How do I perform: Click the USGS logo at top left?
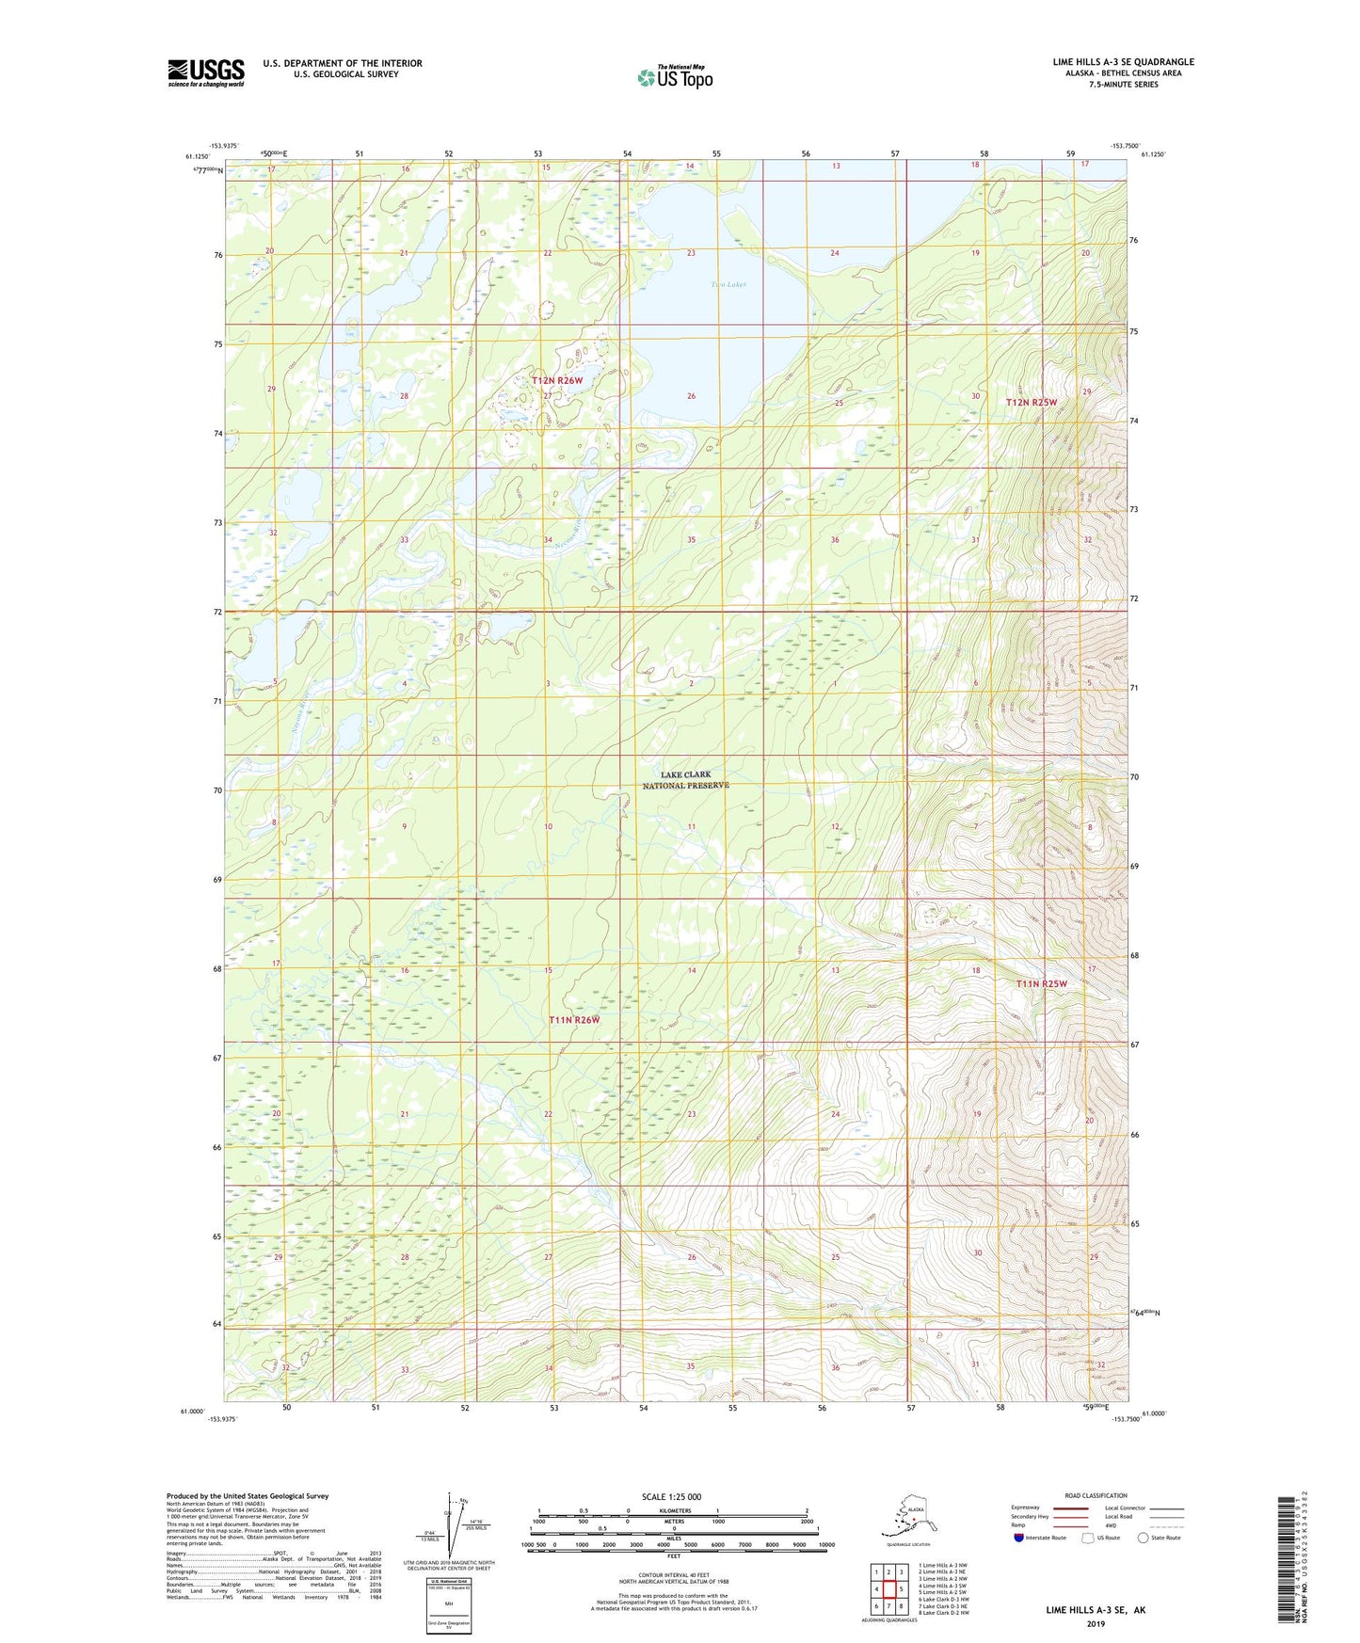(205, 72)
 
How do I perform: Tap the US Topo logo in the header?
(674, 77)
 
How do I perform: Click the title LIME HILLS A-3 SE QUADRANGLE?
(1123, 62)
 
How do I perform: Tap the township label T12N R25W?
(1032, 402)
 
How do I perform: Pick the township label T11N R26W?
(574, 1019)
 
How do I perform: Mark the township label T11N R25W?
(1041, 983)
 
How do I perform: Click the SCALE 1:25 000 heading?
(671, 1496)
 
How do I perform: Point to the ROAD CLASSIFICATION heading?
(1096, 1495)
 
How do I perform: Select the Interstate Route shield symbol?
(1018, 1538)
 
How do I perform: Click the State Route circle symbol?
(1144, 1538)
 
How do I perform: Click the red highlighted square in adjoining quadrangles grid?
(888, 1588)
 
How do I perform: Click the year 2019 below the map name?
(1096, 1623)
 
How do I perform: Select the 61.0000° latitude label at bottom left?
(191, 1411)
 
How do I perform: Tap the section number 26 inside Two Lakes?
(691, 396)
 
